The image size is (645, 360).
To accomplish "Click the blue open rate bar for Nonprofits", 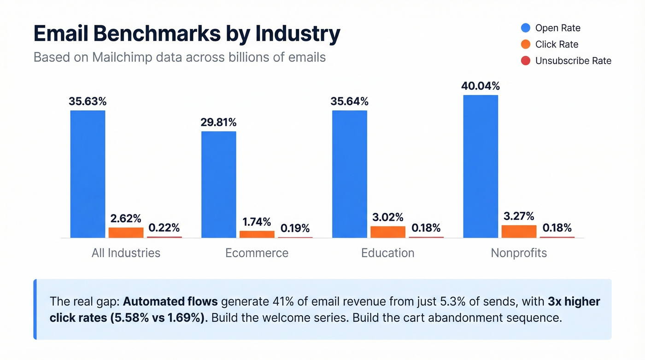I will coord(481,166).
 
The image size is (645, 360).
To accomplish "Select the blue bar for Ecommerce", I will coord(219,184).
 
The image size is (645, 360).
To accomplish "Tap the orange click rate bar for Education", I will coord(388,232).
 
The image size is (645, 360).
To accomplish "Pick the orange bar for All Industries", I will coord(126,232).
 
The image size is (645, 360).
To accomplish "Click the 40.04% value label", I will coord(481,86).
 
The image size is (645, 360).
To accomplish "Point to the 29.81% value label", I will coord(218,122).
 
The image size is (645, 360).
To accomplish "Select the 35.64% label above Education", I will coord(349,101).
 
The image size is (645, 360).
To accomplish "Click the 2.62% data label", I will coord(126,218).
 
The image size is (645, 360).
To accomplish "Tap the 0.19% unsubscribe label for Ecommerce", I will coord(295,228).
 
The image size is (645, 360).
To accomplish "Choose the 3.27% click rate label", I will coord(519,216).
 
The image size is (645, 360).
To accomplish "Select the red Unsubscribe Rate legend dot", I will coord(525,61).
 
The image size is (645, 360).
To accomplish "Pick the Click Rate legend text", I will coord(557,44).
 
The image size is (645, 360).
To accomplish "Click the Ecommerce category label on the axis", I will coord(257,253).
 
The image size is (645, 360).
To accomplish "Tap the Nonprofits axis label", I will coord(519,253).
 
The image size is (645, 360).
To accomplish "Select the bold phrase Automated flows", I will coord(170,302).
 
